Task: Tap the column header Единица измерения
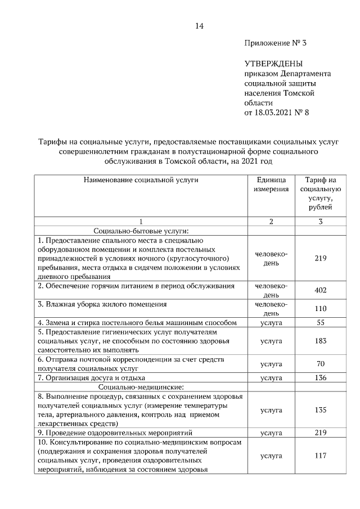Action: (x=271, y=184)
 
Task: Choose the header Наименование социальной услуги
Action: (x=141, y=180)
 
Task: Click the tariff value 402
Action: (x=320, y=290)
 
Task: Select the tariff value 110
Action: (x=320, y=309)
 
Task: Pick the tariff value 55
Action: (x=321, y=323)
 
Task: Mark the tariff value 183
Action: (x=320, y=341)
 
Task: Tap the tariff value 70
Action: (x=321, y=364)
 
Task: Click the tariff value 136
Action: (x=320, y=377)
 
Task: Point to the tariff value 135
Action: (x=320, y=410)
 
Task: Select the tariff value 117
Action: (x=320, y=456)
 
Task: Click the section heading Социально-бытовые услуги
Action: (x=141, y=231)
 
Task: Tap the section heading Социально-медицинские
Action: (x=141, y=387)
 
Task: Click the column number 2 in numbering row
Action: (x=271, y=222)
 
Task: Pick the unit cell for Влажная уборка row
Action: (x=271, y=309)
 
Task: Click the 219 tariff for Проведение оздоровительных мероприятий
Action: (x=320, y=433)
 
